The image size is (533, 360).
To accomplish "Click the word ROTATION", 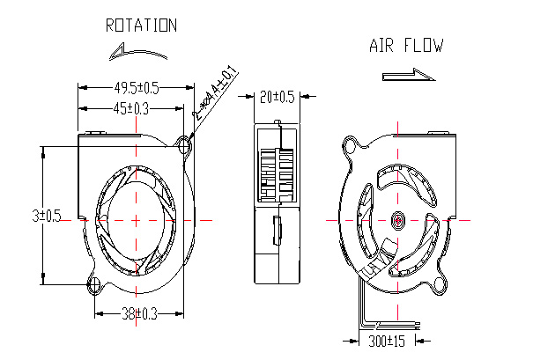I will click(141, 26).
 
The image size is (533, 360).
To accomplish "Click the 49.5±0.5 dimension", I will click(137, 87).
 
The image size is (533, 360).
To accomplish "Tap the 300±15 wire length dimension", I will click(385, 339).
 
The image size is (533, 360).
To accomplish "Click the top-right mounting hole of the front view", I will click(185, 143).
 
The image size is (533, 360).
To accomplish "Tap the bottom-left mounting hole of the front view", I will click(95, 283).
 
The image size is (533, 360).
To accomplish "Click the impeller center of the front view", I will click(137, 218).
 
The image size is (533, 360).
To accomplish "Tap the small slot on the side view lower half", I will click(277, 230).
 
